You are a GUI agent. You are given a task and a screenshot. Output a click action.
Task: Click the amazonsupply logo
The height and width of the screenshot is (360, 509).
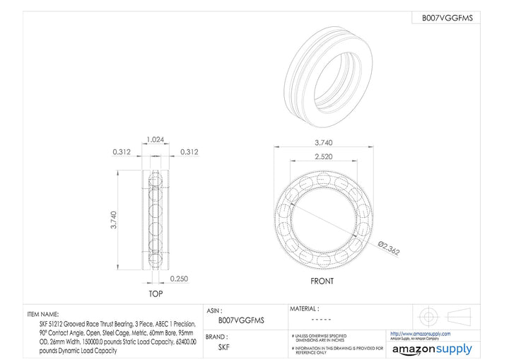pos(432,349)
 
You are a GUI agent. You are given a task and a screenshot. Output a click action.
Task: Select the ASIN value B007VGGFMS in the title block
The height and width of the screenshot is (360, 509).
pos(241,320)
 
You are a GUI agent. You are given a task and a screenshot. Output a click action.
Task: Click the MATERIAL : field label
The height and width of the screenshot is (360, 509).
pos(305,308)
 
